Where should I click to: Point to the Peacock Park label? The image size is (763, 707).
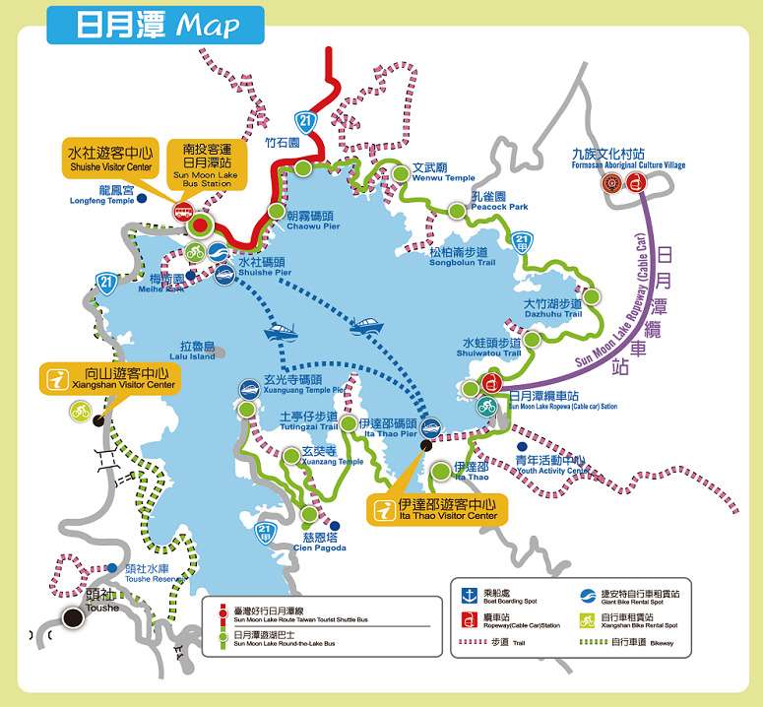499,201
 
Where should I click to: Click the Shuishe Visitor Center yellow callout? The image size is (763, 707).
109,160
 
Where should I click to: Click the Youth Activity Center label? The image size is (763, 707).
552,465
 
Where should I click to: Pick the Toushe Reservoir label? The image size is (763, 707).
153,574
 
